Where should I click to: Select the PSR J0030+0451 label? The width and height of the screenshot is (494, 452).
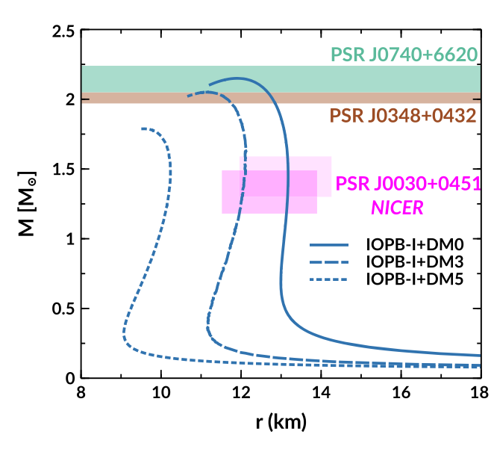tap(407, 184)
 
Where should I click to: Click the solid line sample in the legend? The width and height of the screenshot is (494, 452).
tap(331, 244)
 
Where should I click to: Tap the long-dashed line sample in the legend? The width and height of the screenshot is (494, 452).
tap(331, 261)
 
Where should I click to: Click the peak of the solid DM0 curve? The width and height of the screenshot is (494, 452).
tap(239, 78)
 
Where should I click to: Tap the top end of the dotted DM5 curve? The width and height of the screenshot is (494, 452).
tap(143, 129)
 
